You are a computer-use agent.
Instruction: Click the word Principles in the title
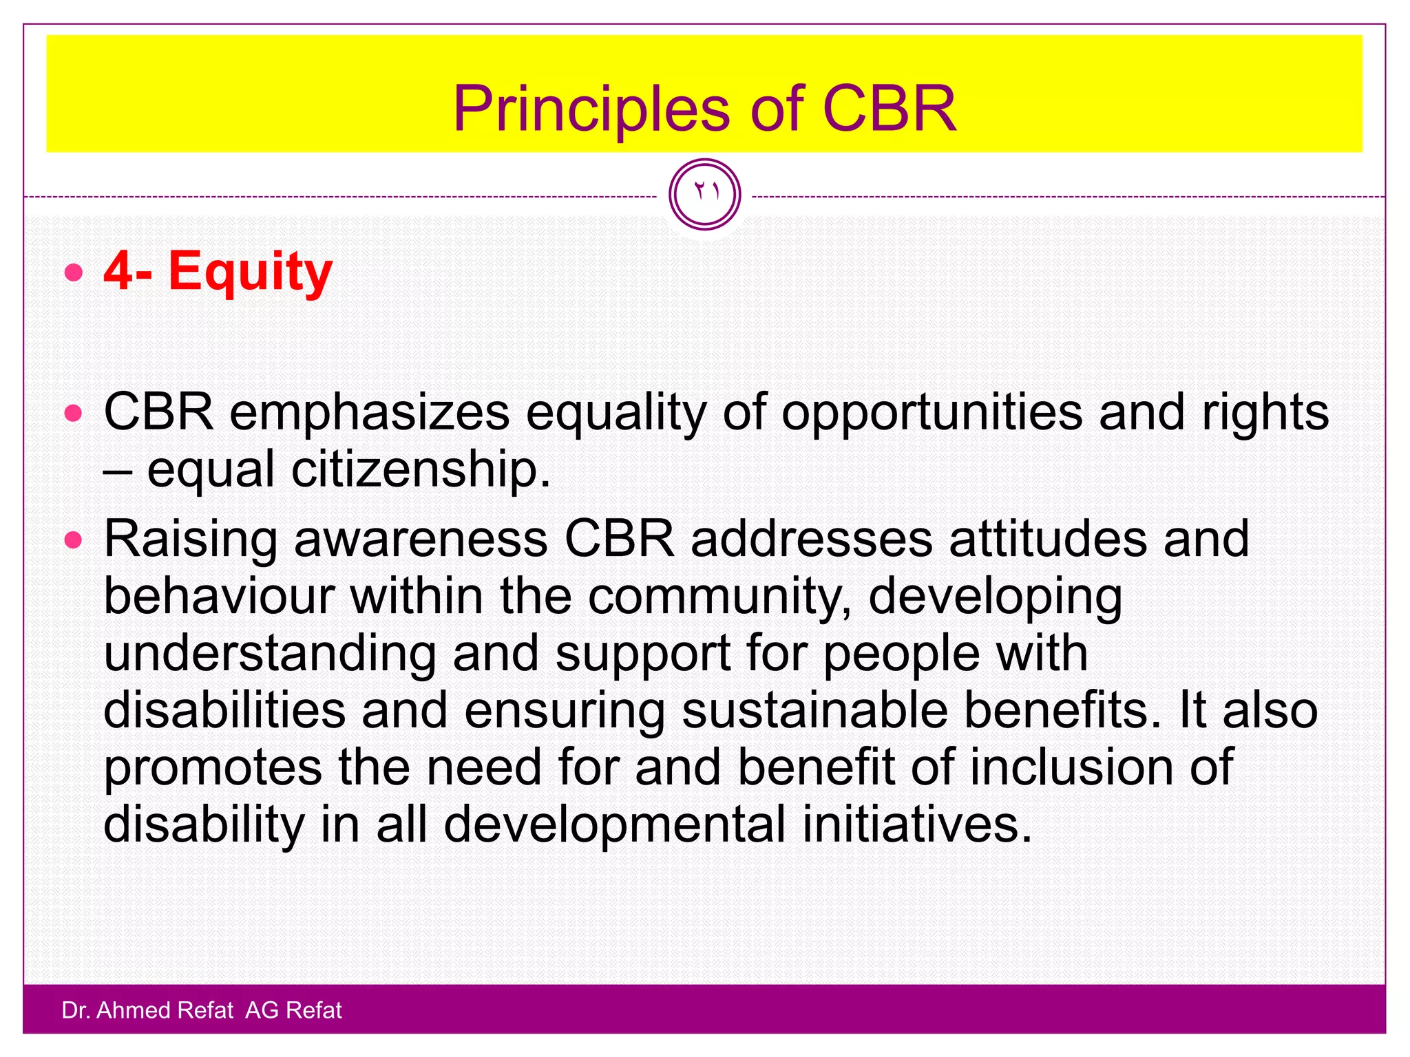coord(591,110)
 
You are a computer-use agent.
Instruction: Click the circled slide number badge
coord(704,194)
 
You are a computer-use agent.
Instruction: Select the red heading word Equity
coord(251,273)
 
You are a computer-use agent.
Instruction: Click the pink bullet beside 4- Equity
coord(74,273)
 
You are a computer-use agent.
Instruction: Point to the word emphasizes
coord(369,413)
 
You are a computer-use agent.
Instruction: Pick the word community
coord(720,597)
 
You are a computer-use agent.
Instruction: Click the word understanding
coord(270,654)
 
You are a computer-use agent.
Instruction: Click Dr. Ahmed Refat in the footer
coord(147,1010)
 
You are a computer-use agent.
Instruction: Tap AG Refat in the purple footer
coord(293,1010)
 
